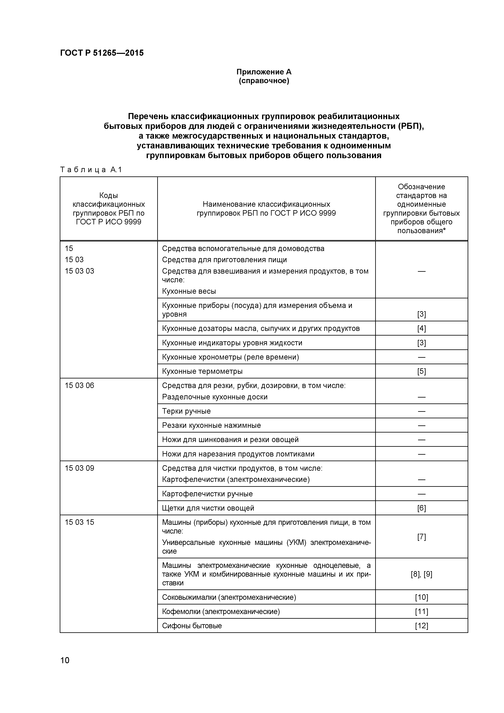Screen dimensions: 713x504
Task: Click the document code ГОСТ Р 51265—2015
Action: pos(102,53)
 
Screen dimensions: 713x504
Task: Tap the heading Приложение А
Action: pos(264,72)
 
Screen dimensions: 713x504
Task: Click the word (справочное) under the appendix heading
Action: pos(264,81)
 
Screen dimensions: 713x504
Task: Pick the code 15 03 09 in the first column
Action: pos(79,468)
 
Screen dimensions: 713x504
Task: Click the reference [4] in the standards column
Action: pos(422,328)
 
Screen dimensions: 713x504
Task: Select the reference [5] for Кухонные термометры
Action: pos(422,371)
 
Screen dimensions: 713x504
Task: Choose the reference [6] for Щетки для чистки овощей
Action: pos(422,508)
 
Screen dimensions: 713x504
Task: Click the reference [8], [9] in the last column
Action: pos(422,574)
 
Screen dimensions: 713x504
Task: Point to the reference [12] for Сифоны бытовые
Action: pos(422,626)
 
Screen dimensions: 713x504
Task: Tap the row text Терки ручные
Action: pos(186,411)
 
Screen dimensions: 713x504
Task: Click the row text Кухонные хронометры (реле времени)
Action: pos(230,357)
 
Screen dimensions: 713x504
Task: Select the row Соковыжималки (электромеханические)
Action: pos(229,597)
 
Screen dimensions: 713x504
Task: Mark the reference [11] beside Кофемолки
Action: pos(422,611)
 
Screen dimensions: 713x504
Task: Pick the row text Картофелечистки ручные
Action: pos(207,494)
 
